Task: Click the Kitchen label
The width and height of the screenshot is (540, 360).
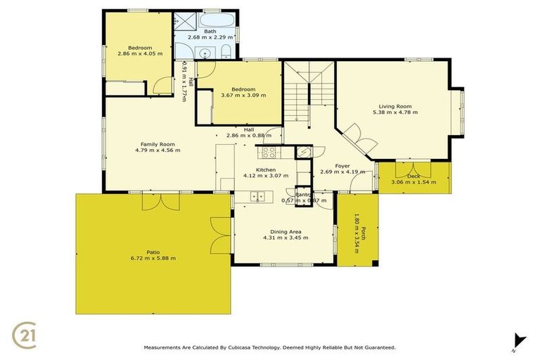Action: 265,170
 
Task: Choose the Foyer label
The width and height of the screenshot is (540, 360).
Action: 342,166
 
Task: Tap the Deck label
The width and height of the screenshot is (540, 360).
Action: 413,176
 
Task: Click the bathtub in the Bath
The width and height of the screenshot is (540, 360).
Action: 219,20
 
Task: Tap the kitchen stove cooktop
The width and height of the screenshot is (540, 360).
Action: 269,151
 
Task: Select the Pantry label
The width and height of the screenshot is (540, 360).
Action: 304,195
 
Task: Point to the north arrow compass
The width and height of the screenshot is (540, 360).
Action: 519,340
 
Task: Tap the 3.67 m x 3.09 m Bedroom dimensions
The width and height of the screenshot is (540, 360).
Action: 243,96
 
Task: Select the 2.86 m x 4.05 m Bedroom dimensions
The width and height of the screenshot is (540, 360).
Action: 140,54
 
